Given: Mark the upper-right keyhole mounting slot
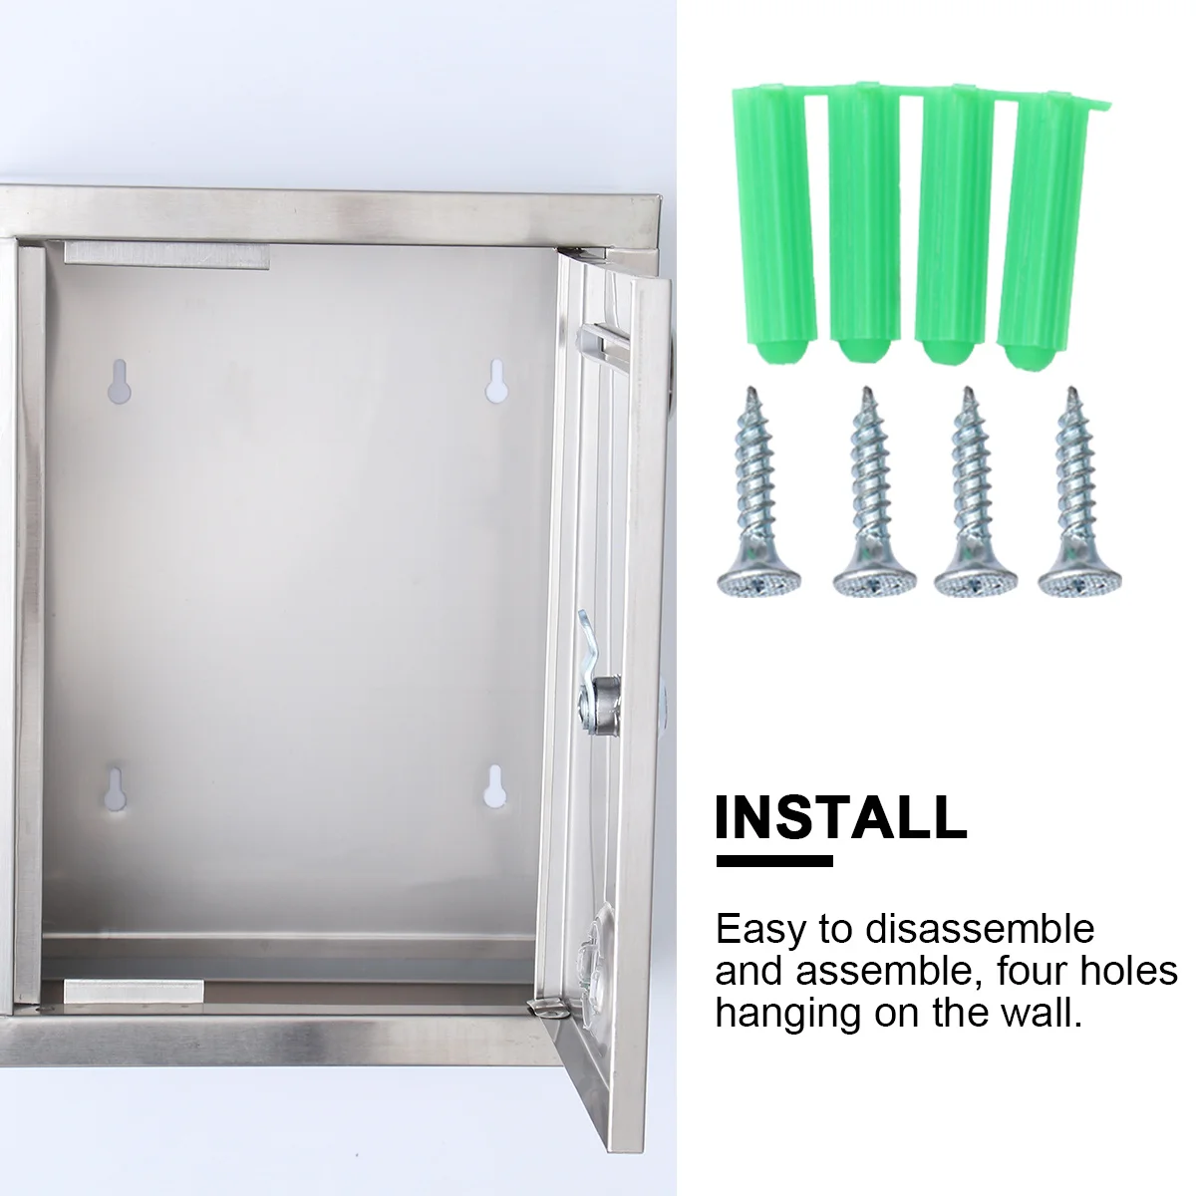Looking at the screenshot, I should [495, 382].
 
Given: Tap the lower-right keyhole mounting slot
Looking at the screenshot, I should [493, 786].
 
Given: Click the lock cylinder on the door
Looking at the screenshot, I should [605, 689].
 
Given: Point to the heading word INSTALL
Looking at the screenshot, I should [841, 816].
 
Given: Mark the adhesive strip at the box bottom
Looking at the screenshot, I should [134, 991].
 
